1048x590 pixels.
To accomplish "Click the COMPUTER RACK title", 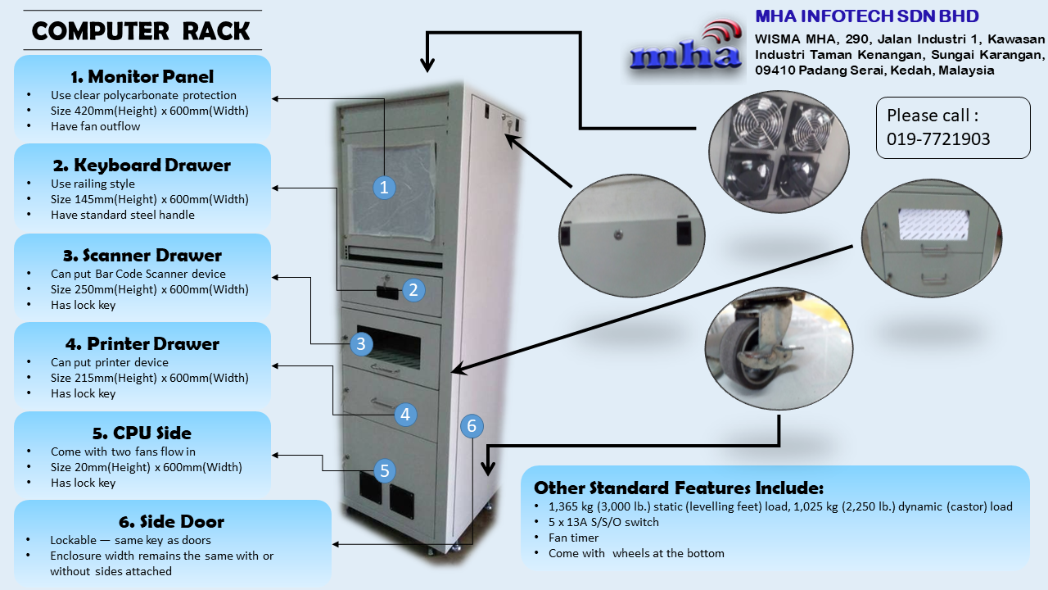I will (141, 31).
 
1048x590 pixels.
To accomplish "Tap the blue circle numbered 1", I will (384, 187).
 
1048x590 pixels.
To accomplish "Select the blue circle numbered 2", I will (413, 289).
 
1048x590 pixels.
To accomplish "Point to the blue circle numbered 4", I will (405, 415).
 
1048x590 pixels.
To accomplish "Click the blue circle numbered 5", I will (384, 470).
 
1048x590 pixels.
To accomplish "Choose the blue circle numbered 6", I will (471, 426).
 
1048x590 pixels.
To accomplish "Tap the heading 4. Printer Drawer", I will (142, 343).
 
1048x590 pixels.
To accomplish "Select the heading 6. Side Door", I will (172, 522).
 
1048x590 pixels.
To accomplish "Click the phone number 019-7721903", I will (938, 138).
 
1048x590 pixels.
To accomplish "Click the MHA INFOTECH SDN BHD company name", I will (866, 16).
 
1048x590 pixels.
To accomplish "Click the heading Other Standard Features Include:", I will (679, 488).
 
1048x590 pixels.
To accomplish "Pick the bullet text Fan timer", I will (573, 538).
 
